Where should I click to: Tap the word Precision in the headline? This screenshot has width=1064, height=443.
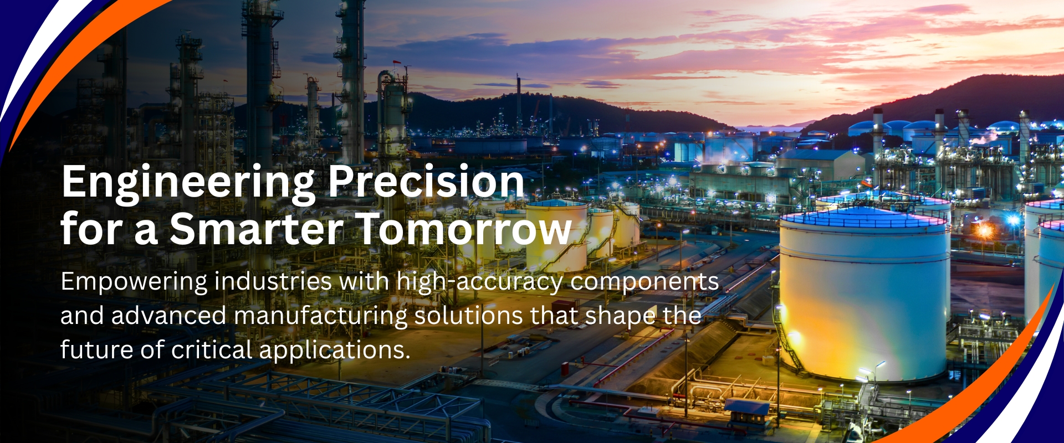(x=426, y=181)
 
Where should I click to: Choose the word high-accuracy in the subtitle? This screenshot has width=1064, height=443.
(x=479, y=282)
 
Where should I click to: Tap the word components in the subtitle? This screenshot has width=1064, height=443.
(x=644, y=282)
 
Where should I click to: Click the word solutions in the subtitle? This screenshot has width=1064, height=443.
(x=468, y=316)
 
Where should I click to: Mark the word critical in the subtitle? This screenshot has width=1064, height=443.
(x=212, y=350)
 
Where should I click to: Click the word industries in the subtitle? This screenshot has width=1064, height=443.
(x=273, y=281)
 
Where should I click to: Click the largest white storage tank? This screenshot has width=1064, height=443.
(x=864, y=293)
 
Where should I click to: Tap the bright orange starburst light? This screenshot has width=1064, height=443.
(x=985, y=229)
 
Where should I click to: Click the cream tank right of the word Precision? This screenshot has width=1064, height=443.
(x=556, y=235)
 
